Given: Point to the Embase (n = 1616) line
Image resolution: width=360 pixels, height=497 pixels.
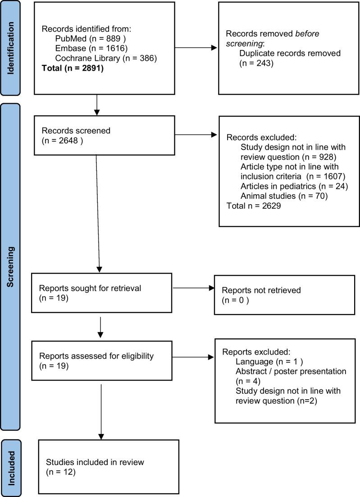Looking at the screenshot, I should [85, 49].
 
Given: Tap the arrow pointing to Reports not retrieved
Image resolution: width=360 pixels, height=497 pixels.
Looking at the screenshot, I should [194, 288].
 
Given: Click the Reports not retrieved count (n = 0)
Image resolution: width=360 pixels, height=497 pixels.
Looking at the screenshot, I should [235, 300].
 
